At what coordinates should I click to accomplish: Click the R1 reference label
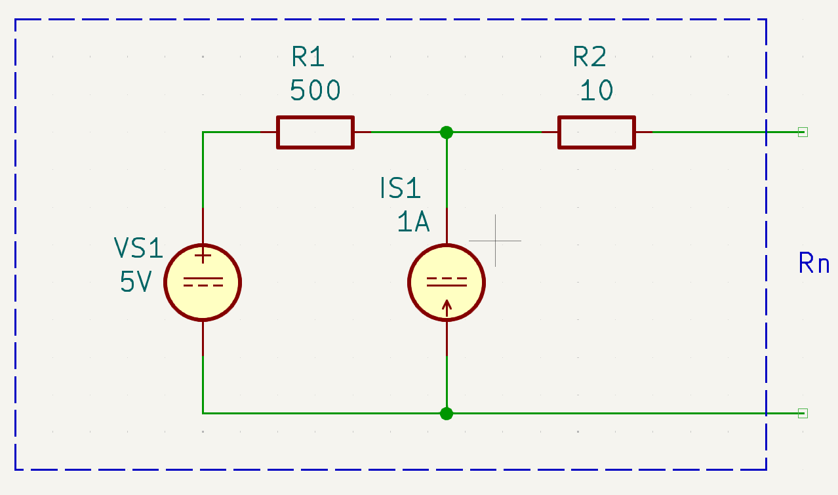pos(308,57)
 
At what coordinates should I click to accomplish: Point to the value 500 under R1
pos(315,90)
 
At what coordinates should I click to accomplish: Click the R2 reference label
pos(589,57)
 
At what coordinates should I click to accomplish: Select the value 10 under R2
pos(597,90)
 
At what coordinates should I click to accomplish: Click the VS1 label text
pos(138,248)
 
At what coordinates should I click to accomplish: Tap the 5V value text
pos(136,281)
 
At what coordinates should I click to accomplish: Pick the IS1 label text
pos(400,188)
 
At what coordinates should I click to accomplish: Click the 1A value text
pos(413,222)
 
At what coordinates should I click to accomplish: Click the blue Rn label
pos(814,263)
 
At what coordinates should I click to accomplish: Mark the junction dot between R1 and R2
pos(447,132)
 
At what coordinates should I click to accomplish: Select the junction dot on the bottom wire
pos(447,414)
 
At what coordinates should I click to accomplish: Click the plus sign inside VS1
pos(203,256)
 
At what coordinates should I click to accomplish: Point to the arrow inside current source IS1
pos(447,309)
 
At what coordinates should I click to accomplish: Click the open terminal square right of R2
pos(803,132)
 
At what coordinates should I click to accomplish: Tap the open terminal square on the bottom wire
pos(803,414)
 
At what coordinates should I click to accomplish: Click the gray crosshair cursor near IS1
pos(495,241)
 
